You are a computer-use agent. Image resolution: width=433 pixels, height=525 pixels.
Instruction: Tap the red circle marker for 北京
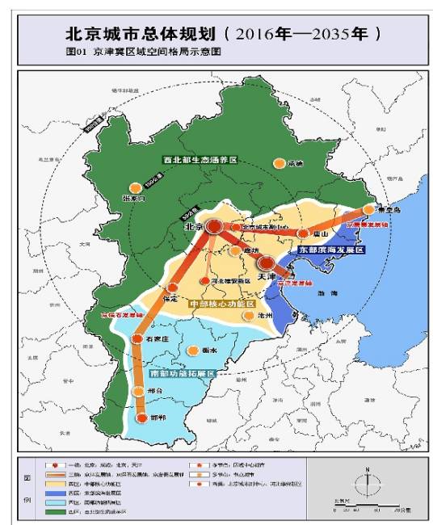[x=214, y=227]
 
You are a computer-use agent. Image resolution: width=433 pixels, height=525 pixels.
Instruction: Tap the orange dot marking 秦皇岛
[x=368, y=210]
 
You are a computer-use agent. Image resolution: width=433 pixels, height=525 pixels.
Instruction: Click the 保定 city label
[x=170, y=298]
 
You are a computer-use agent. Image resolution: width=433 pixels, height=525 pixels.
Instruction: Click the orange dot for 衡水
[x=193, y=351]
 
